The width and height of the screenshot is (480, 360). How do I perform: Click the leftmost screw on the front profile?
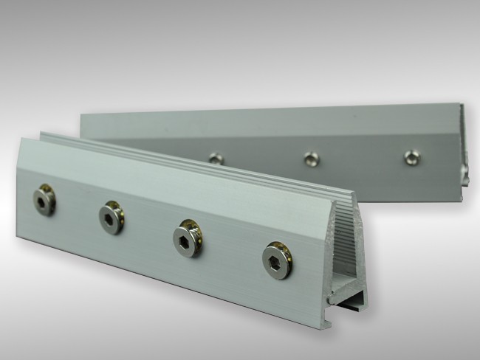point(44,199)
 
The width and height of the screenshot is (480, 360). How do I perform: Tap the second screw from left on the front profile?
point(111,216)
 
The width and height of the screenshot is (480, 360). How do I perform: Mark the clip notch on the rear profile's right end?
point(464,173)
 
